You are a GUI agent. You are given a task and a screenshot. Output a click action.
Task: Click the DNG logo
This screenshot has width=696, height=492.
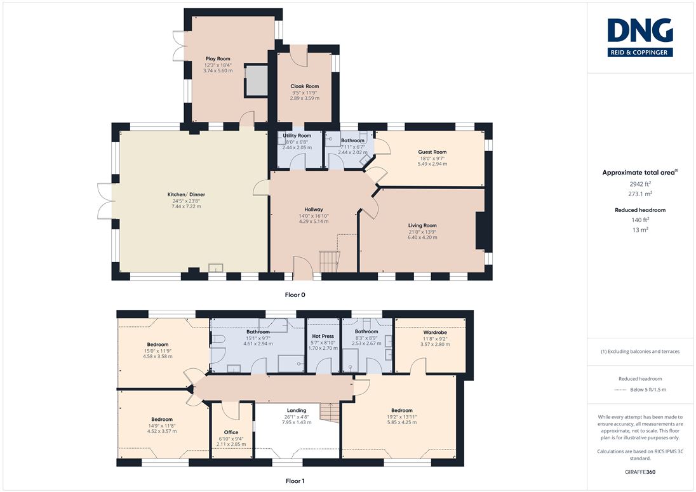click(640, 37)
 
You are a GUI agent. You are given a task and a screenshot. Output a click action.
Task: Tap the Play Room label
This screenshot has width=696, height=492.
click(217, 58)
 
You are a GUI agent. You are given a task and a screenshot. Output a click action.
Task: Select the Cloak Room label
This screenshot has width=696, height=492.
click(305, 86)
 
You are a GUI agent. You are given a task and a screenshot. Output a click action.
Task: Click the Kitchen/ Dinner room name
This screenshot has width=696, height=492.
click(186, 194)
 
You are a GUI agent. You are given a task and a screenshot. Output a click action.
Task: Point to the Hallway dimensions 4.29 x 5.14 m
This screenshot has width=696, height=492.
click(314, 222)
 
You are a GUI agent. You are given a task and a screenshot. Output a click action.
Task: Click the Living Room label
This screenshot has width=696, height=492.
click(422, 225)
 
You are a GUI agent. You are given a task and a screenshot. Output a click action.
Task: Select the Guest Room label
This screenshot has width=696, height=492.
click(432, 152)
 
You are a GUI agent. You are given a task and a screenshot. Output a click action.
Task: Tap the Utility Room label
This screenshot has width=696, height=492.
click(297, 135)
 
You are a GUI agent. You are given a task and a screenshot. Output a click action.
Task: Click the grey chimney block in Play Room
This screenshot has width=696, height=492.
click(256, 81)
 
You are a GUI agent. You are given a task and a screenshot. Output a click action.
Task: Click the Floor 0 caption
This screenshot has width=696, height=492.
click(295, 295)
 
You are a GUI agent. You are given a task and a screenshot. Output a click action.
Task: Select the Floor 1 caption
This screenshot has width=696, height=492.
click(295, 481)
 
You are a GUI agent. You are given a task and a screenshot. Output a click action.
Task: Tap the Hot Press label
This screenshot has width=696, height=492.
click(323, 336)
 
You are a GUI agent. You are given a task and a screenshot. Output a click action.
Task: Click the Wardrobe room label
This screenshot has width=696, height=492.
click(435, 332)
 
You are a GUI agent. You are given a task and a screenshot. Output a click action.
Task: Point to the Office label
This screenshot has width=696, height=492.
click(231, 432)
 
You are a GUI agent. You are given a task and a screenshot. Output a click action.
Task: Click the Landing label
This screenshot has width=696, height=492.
click(297, 410)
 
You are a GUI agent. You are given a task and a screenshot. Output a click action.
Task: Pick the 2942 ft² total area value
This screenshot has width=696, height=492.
click(640, 183)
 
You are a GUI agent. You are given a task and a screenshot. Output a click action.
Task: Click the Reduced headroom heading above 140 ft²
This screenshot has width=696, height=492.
click(640, 210)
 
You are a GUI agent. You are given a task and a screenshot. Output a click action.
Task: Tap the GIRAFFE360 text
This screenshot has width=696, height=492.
click(640, 472)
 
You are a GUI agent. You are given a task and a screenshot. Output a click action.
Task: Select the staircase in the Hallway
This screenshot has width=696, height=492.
click(330, 262)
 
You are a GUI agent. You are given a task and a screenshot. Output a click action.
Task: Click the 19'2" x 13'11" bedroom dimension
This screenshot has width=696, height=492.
click(402, 417)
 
